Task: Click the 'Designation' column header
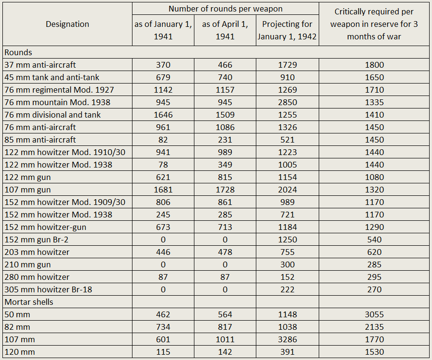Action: point(67,24)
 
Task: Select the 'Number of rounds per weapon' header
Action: point(226,9)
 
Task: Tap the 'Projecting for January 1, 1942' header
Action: point(287,30)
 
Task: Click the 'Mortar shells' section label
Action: point(29,302)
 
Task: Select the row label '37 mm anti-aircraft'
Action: point(40,65)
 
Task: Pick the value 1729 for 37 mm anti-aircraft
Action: point(288,65)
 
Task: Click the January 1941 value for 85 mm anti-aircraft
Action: point(163,140)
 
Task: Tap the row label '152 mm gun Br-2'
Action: point(36,240)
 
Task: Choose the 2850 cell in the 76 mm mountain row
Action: point(288,102)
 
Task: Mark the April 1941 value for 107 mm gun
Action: point(225,190)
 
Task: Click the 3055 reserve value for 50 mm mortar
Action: point(374,314)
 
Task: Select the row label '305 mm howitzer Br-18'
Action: point(48,289)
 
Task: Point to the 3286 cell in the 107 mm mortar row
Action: point(288,339)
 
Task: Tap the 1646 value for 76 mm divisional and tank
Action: point(163,115)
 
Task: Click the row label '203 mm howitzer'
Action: point(37,252)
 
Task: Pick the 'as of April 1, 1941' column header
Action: point(225,30)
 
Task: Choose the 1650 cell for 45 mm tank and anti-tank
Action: point(374,77)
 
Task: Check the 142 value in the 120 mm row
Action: point(225,352)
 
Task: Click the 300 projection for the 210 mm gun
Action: point(288,264)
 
